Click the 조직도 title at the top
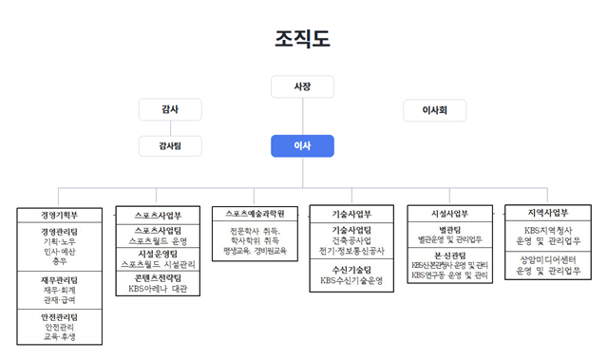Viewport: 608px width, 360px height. [303, 38]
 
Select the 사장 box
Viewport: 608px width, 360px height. [302, 86]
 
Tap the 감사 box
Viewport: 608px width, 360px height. [171, 109]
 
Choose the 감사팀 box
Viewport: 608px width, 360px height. [171, 145]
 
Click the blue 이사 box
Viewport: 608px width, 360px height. [302, 145]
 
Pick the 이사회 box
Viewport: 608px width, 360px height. [434, 110]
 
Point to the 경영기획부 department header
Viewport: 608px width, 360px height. [59, 215]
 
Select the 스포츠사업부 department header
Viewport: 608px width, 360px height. [158, 214]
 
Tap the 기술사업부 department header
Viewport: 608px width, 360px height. [351, 214]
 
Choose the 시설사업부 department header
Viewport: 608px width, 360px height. [446, 214]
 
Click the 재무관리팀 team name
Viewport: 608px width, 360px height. [59, 280]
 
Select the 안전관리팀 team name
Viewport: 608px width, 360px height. [59, 316]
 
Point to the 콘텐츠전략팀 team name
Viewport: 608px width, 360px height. [158, 277]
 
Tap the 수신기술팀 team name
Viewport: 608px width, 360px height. [351, 270]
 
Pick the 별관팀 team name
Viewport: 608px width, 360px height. [446, 230]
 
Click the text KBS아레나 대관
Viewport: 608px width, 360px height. [158, 289]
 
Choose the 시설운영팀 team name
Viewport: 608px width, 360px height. [158, 254]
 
